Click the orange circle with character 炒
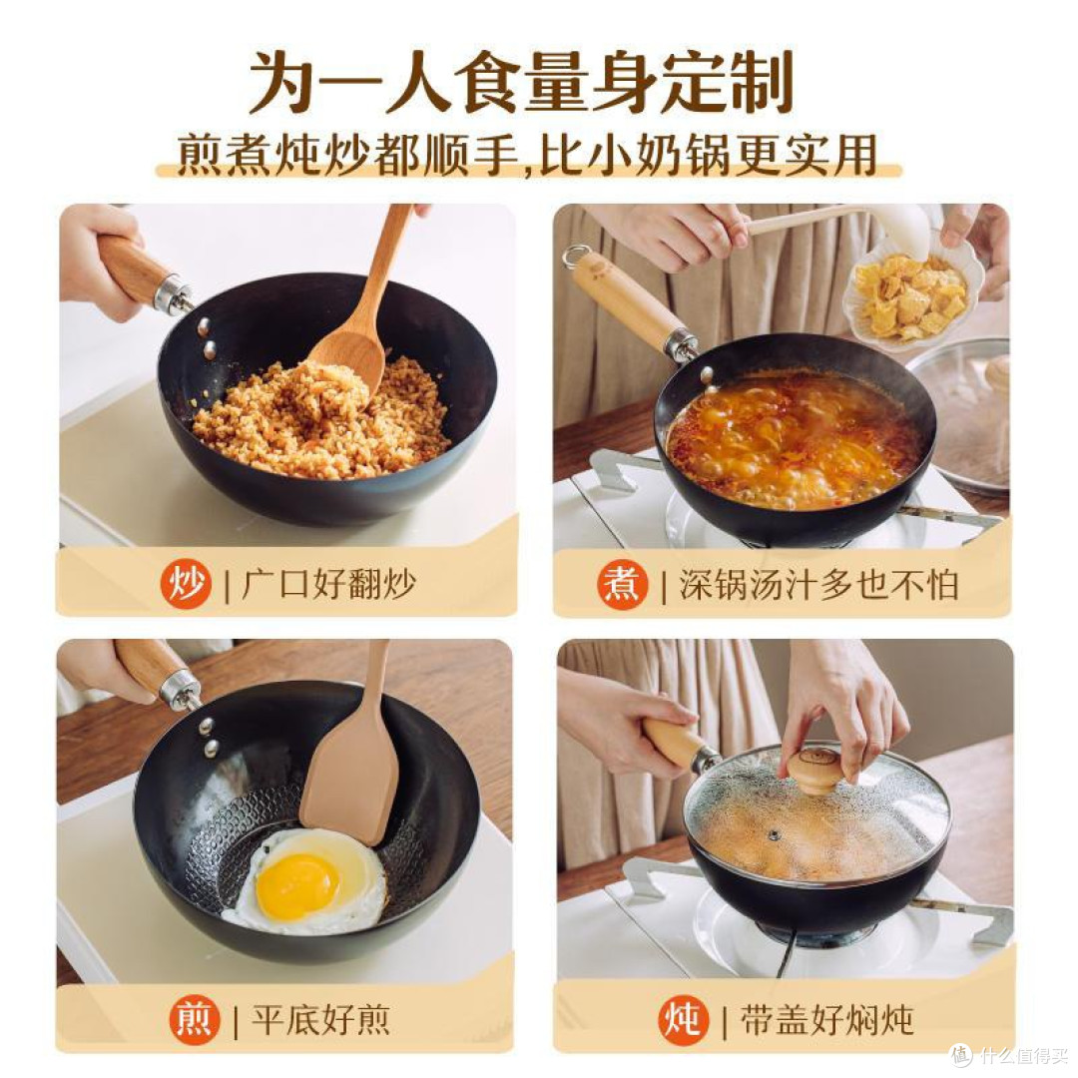(187, 585)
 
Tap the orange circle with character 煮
(623, 585)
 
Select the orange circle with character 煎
(195, 1019)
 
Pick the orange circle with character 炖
(683, 1019)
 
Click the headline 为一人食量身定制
(521, 82)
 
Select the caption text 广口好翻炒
(328, 585)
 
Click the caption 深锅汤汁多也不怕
(818, 585)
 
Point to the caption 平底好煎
(320, 1019)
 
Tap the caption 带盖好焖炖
(825, 1019)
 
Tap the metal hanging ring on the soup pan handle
(574, 257)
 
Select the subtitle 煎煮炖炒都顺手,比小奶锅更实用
(528, 156)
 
